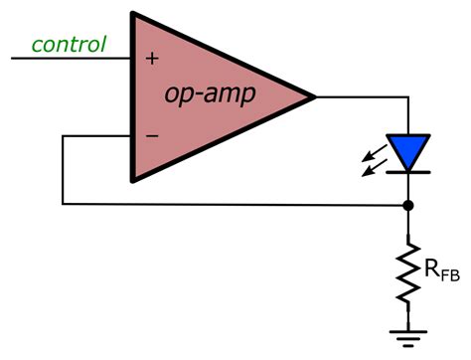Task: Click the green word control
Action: click(69, 44)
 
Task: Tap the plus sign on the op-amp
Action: click(151, 59)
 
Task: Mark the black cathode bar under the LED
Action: click(407, 170)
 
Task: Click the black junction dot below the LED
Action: click(407, 205)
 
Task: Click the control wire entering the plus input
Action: click(70, 59)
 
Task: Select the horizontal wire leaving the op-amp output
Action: click(360, 96)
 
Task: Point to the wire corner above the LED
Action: click(407, 96)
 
